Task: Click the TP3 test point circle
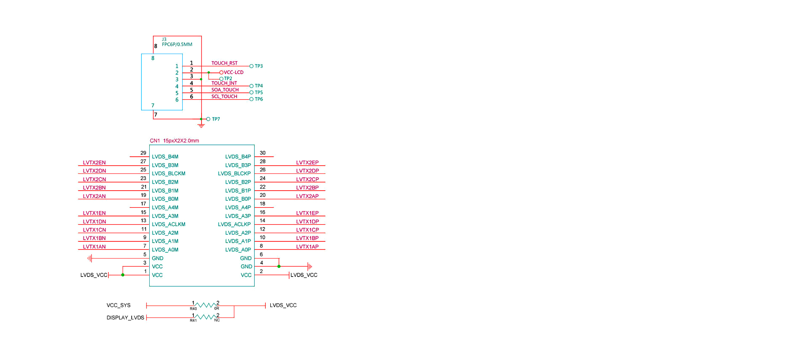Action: pyautogui.click(x=251, y=66)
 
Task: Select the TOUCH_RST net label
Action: pyautogui.click(x=224, y=63)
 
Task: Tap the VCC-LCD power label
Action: pyautogui.click(x=233, y=72)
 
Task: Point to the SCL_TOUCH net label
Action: pyautogui.click(x=224, y=97)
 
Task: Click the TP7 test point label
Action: pyautogui.click(x=216, y=119)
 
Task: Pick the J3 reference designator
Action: pyautogui.click(x=164, y=40)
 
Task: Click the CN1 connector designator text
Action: pyautogui.click(x=155, y=141)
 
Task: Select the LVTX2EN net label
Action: pyautogui.click(x=94, y=162)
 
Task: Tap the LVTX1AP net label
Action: pyautogui.click(x=307, y=247)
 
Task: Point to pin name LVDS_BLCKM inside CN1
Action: pyautogui.click(x=168, y=173)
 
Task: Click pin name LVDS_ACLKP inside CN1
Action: pyautogui.click(x=234, y=224)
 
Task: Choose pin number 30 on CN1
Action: pyautogui.click(x=262, y=153)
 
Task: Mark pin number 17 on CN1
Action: pyautogui.click(x=143, y=204)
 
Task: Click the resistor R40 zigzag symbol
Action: pyautogui.click(x=206, y=305)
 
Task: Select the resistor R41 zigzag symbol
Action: pyautogui.click(x=206, y=317)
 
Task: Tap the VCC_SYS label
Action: pyautogui.click(x=119, y=305)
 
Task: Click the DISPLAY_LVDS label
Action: pyautogui.click(x=125, y=317)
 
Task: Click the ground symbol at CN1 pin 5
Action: pyautogui.click(x=90, y=258)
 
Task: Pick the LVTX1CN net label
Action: pyautogui.click(x=94, y=230)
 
